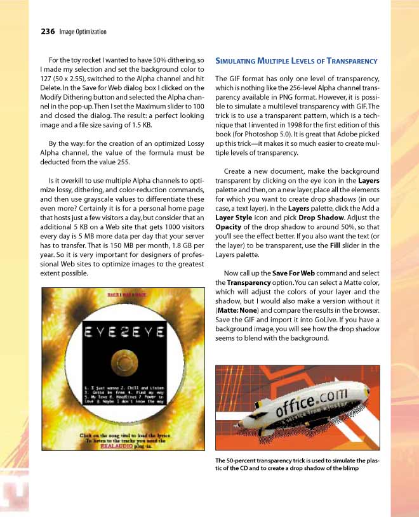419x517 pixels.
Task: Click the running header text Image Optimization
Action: [x=83, y=32]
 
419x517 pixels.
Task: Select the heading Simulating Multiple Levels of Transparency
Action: [x=296, y=62]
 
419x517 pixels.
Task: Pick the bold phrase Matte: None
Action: [x=241, y=311]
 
